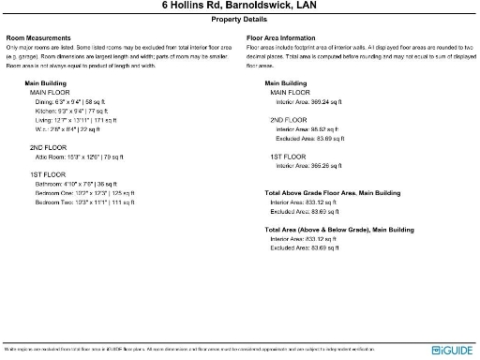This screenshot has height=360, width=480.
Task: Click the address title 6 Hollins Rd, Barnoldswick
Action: [x=239, y=6]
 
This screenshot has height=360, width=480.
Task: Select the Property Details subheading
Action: [x=239, y=19]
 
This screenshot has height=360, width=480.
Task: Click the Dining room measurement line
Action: [x=72, y=102]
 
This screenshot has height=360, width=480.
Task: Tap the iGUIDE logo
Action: [x=453, y=350]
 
